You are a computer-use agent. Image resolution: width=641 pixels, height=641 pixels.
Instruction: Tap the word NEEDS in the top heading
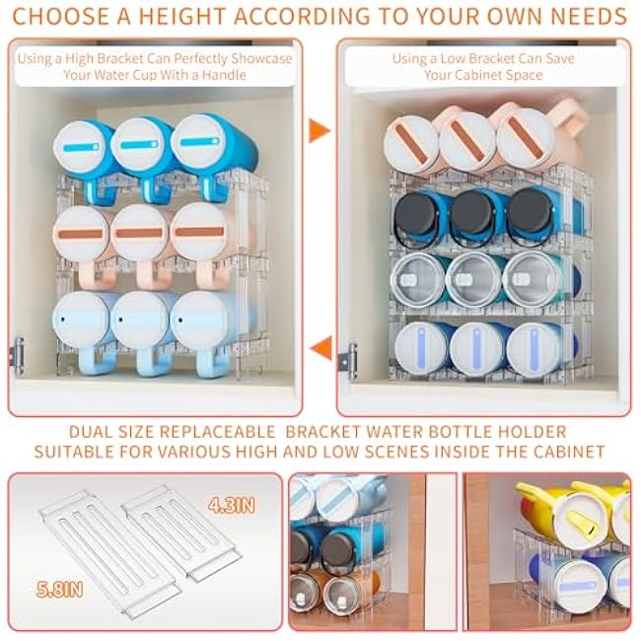[586, 17]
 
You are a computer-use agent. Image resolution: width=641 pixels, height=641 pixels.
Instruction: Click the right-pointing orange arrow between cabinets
[319, 130]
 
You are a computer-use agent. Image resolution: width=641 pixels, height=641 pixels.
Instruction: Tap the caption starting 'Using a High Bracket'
[154, 66]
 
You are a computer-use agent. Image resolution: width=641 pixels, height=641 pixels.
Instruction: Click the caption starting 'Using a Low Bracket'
[483, 66]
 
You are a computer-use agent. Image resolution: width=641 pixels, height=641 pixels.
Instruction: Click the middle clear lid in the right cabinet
[475, 279]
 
